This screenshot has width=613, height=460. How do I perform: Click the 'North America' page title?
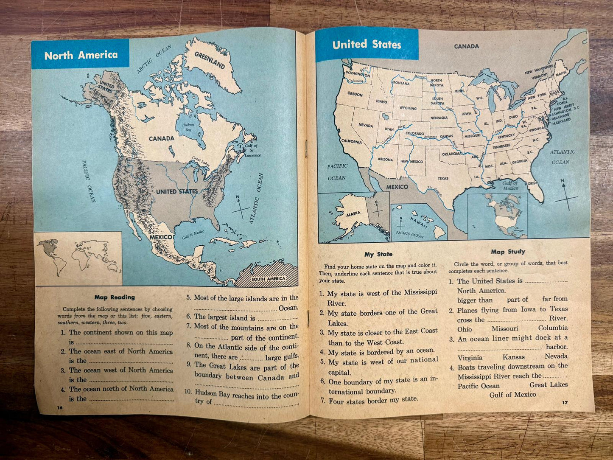(x=81, y=55)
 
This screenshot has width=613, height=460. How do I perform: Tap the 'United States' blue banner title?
(x=367, y=45)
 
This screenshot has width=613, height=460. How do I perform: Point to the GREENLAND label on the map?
(x=210, y=60)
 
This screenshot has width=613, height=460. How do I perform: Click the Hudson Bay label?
(x=188, y=127)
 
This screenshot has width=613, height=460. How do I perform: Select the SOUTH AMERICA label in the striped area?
(x=268, y=279)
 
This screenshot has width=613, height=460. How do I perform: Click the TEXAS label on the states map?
(x=443, y=178)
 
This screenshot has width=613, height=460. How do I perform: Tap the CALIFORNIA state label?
(x=351, y=142)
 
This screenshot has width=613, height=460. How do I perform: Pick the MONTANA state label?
(x=400, y=84)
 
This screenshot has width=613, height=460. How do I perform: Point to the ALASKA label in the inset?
(x=353, y=214)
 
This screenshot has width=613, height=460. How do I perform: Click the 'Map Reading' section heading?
(x=115, y=297)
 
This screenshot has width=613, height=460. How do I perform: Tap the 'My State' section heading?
(x=378, y=254)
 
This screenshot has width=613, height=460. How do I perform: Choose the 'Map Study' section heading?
(x=508, y=252)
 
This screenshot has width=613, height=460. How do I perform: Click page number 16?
(x=59, y=407)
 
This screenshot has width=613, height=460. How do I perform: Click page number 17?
(x=565, y=402)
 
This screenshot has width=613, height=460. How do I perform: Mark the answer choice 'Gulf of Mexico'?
(x=512, y=395)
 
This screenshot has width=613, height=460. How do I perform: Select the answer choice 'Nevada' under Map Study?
(x=556, y=357)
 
